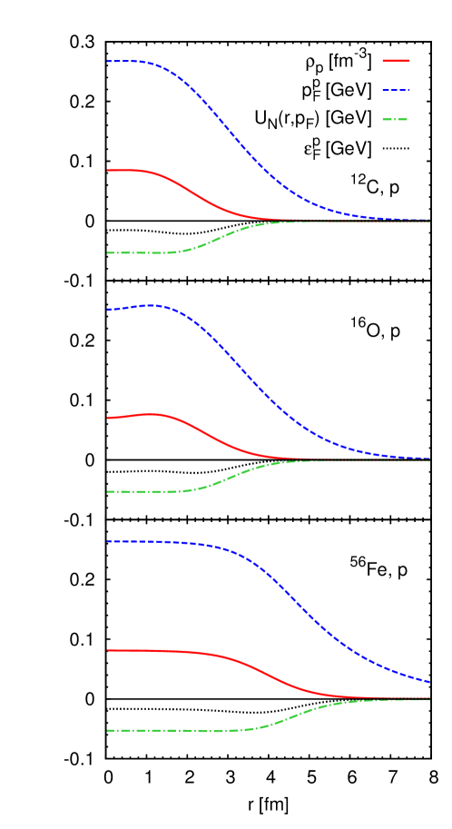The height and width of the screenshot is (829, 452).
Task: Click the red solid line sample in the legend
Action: tap(396, 61)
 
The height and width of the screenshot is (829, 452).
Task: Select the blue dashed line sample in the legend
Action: tap(396, 91)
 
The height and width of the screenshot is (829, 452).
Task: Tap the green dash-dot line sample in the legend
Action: tap(395, 120)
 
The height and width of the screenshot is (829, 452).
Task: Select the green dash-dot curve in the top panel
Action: tap(209, 242)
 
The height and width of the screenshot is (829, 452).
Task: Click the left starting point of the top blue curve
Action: tap(108, 62)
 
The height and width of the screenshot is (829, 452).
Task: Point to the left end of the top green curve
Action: tap(108, 253)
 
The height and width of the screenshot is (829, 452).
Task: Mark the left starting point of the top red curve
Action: tap(108, 170)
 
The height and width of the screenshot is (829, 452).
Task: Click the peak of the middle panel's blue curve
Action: tap(151, 305)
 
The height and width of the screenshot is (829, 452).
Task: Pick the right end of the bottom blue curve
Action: tap(429, 682)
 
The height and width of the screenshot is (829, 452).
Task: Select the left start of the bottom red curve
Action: tap(108, 650)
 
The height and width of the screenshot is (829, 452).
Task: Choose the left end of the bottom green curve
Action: tap(108, 730)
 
